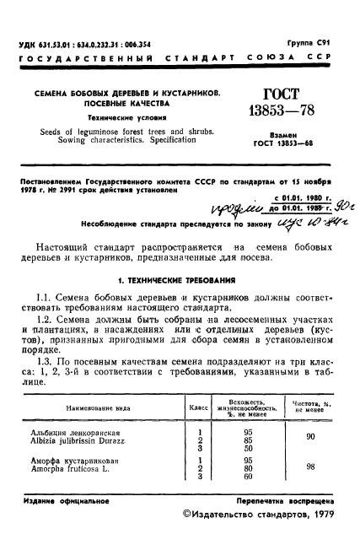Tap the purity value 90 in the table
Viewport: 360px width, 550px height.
[x=311, y=437]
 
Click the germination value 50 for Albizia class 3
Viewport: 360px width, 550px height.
[x=247, y=448]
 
